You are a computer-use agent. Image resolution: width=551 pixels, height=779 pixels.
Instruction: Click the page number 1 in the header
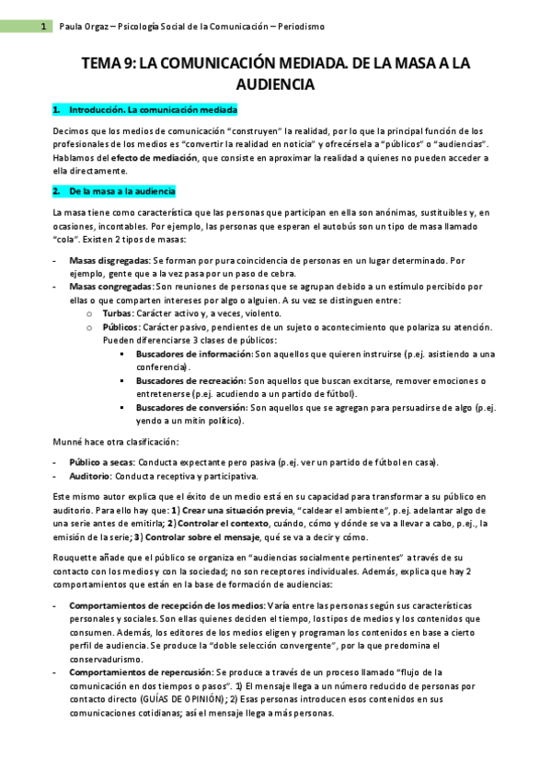coord(43,28)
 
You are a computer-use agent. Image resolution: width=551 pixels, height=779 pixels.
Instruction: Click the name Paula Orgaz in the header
coord(80,28)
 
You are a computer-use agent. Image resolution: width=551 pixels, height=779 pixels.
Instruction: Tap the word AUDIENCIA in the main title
coord(275,85)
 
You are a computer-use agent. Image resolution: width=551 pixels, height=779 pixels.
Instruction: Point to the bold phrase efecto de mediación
coord(152,158)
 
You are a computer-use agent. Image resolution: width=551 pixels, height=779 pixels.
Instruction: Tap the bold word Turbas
coord(119,312)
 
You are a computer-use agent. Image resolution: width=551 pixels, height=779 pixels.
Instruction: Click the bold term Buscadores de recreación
coord(190,380)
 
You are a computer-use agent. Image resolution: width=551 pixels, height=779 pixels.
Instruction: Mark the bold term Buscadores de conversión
coord(190,407)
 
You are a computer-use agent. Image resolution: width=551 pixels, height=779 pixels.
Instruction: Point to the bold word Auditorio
coord(91,475)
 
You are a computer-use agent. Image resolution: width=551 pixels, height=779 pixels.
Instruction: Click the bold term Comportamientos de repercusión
coord(139,672)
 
